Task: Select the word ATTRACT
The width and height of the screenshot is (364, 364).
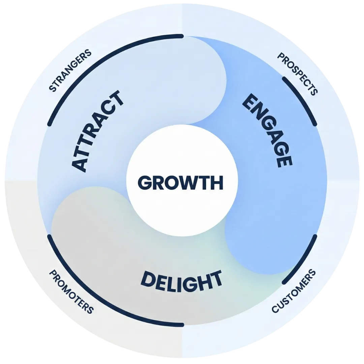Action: pyautogui.click(x=98, y=131)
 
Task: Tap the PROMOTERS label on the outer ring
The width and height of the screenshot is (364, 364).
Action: pyautogui.click(x=71, y=291)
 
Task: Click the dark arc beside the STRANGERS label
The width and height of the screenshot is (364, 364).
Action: pyautogui.click(x=101, y=57)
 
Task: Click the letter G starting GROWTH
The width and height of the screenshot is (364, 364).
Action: pyautogui.click(x=145, y=183)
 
